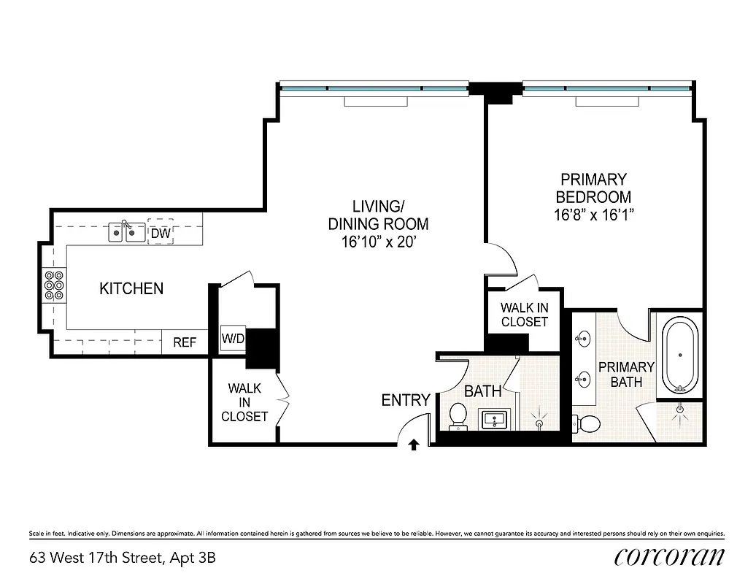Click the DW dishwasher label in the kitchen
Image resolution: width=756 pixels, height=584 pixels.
(x=161, y=233)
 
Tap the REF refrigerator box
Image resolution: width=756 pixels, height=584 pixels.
(x=185, y=342)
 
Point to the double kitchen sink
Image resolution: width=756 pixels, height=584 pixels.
(x=125, y=232)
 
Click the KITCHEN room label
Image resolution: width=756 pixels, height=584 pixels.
(x=131, y=288)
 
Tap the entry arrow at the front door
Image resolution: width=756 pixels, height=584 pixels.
(x=414, y=443)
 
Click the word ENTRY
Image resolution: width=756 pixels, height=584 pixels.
(x=406, y=400)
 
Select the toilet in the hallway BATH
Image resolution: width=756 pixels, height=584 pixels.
(x=458, y=415)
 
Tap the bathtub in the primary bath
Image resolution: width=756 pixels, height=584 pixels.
(x=680, y=355)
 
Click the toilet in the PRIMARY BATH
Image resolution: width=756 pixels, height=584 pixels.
(x=587, y=422)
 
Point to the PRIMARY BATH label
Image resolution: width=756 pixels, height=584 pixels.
(x=626, y=374)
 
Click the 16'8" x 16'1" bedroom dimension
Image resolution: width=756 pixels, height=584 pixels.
(x=593, y=215)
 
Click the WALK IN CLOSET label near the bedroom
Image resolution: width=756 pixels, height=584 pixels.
(x=524, y=315)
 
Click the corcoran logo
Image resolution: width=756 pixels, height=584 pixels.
(x=670, y=557)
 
